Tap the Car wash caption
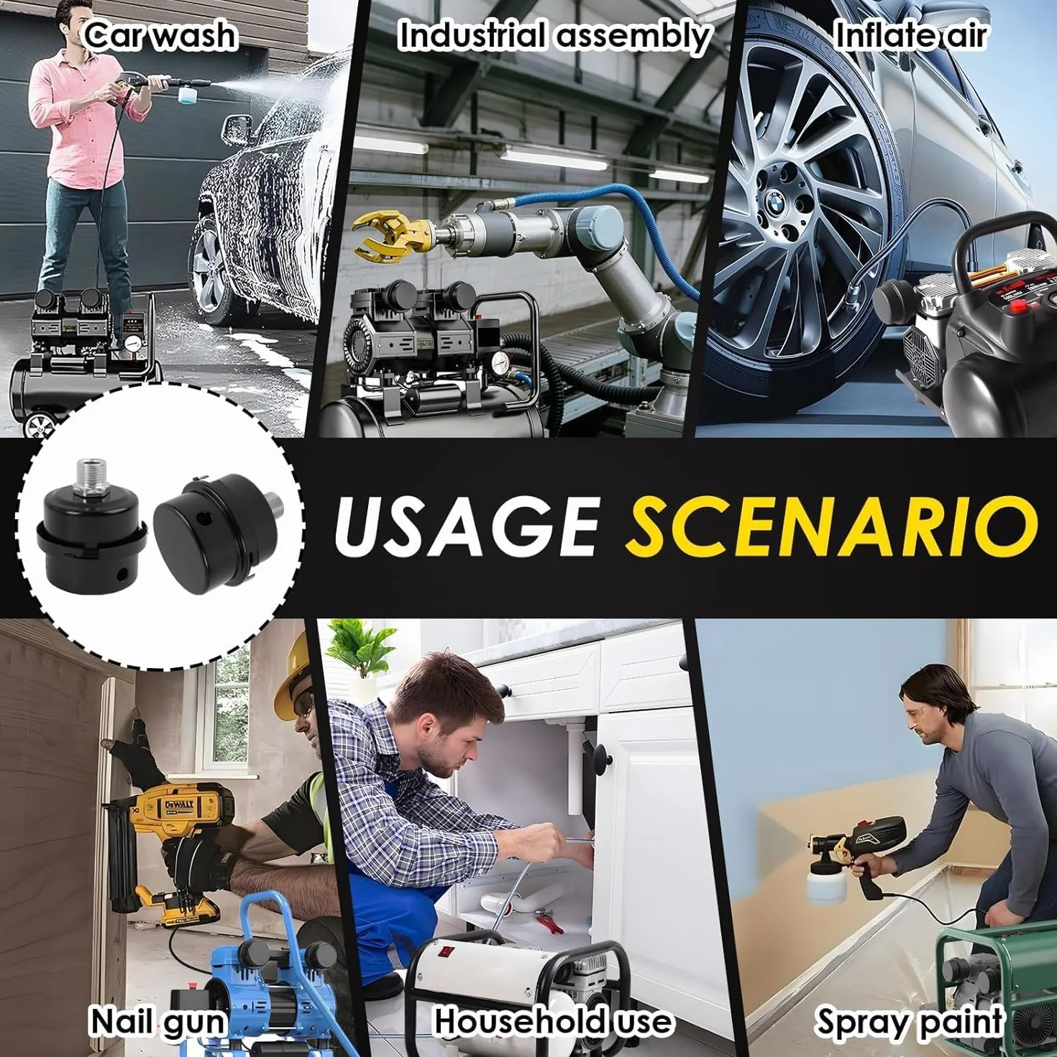tap(161, 36)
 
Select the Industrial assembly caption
tap(554, 36)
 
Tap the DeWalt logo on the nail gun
tap(186, 806)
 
